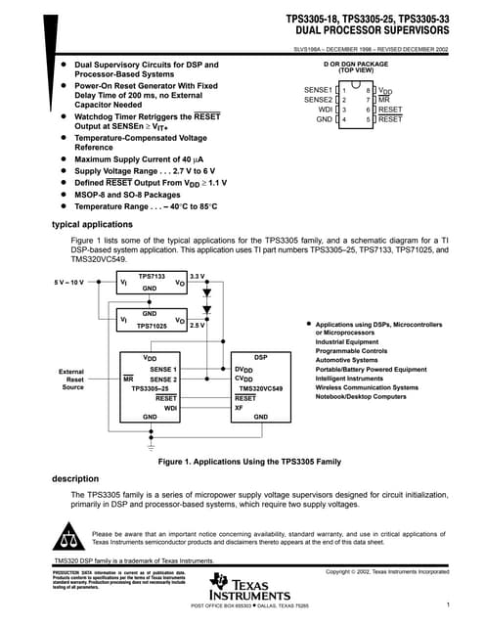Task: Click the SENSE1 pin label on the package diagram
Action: click(x=319, y=90)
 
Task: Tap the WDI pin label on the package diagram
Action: click(x=326, y=110)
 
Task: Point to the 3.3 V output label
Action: click(x=197, y=277)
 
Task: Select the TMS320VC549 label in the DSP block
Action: click(x=261, y=388)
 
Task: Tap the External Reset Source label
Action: click(x=71, y=380)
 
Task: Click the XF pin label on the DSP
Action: click(x=240, y=408)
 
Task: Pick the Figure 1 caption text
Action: click(x=249, y=460)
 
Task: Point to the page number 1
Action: click(x=446, y=606)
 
